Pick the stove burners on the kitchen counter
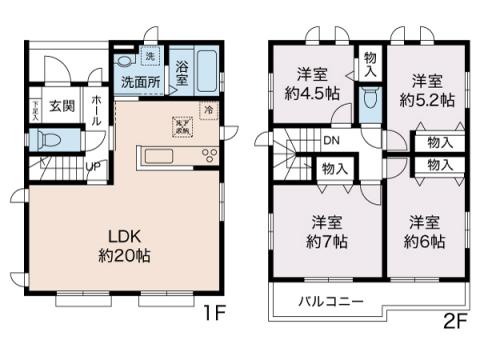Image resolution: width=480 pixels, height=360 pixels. point(210,154)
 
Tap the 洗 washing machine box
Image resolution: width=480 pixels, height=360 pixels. point(151,57)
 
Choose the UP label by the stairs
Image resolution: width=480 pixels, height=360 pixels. point(91,165)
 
